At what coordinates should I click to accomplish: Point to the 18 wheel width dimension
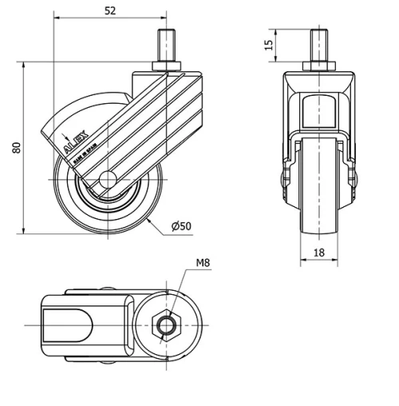319,252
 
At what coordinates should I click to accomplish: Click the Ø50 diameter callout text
181,227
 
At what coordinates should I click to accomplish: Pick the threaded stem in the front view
319,43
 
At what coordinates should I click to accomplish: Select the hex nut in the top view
168,325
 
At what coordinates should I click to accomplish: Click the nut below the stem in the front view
319,65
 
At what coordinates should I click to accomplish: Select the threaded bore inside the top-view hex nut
168,325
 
